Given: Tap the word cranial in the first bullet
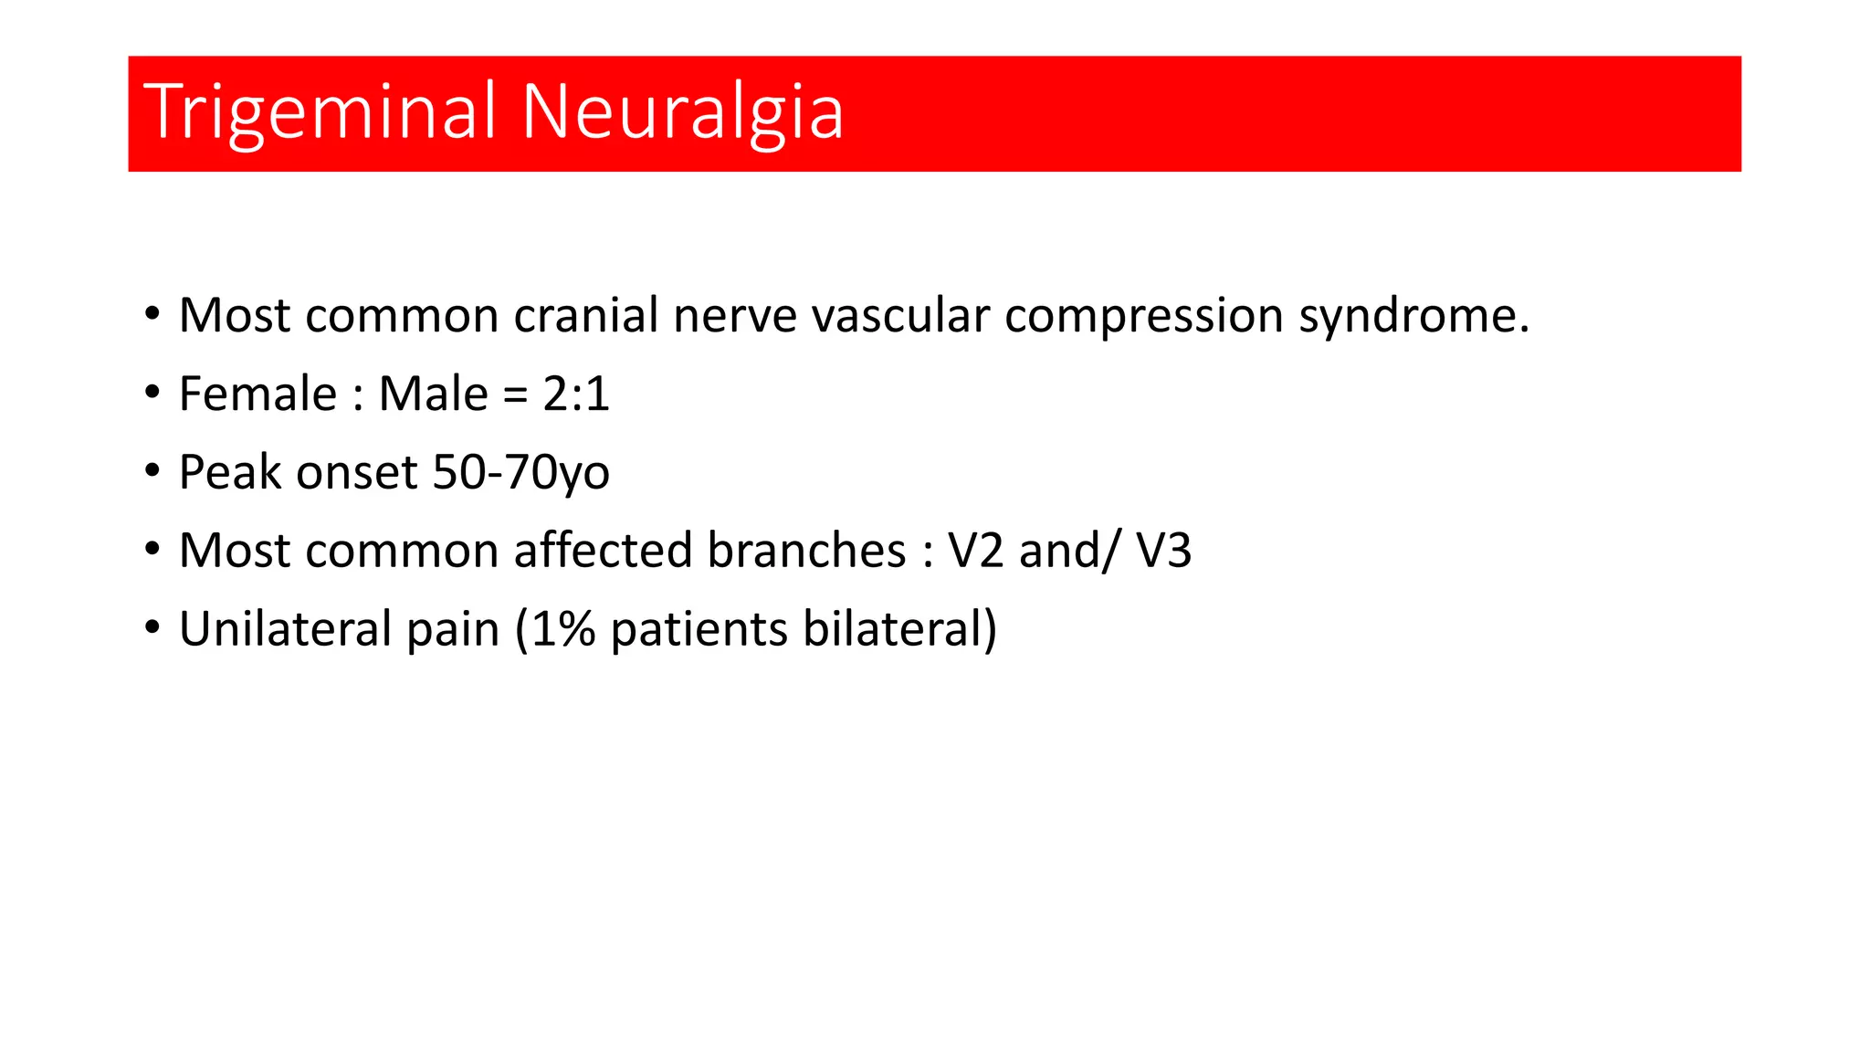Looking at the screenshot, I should pos(585,316).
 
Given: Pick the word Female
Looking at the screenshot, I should pos(257,394).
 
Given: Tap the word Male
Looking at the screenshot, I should pos(433,394).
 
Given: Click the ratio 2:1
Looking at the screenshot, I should pos(575,394).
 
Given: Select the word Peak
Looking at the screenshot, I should pos(229,473).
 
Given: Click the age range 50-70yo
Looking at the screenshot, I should pos(520,473).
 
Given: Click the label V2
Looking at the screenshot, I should pos(976,551).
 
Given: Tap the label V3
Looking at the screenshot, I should pos(1163,551).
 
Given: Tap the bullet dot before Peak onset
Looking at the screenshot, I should pos(152,471).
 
